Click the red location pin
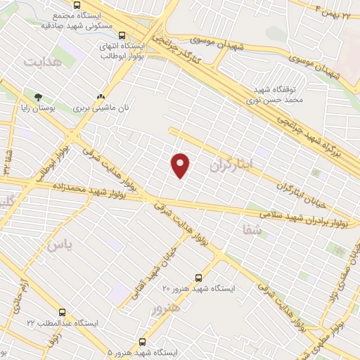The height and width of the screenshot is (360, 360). point(181,165)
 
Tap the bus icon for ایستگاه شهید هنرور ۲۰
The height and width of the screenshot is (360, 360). point(198,277)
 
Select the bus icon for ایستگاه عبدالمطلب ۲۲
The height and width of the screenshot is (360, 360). point(62,311)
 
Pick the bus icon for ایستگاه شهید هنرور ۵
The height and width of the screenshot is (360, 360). point(143,340)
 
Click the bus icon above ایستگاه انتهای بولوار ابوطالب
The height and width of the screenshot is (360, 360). point(122,36)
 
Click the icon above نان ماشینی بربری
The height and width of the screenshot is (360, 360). point(101,97)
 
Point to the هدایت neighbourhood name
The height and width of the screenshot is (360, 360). point(44,61)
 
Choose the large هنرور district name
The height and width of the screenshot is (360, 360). point(166,307)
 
